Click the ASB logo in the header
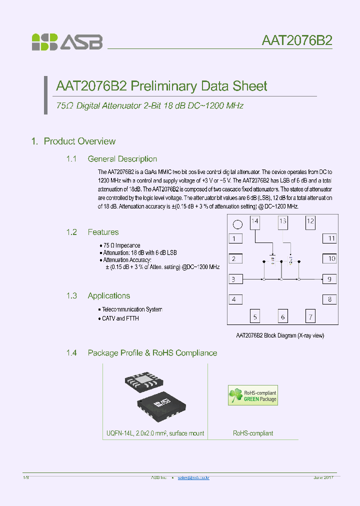pyautogui.click(x=67, y=41)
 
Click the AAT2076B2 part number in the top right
pyautogui.click(x=297, y=40)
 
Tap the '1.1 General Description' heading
pyautogui.click(x=112, y=159)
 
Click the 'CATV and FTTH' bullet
pyautogui.click(x=120, y=318)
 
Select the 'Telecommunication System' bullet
pyautogui.click(x=131, y=309)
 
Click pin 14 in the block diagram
pyautogui.click(x=255, y=221)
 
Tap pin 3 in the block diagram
pyautogui.click(x=234, y=279)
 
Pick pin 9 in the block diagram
pyautogui.click(x=329, y=279)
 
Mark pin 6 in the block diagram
pyautogui.click(x=283, y=316)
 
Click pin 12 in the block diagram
pyautogui.click(x=310, y=221)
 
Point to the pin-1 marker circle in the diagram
pyautogui.click(x=238, y=224)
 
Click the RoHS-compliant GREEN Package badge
pyautogui.click(x=253, y=395)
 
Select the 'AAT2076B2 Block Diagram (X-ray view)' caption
pyautogui.click(x=280, y=335)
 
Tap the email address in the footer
pyautogui.click(x=194, y=478)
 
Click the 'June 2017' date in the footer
pyautogui.click(x=323, y=478)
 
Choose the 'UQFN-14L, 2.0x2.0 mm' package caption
pyautogui.click(x=155, y=433)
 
